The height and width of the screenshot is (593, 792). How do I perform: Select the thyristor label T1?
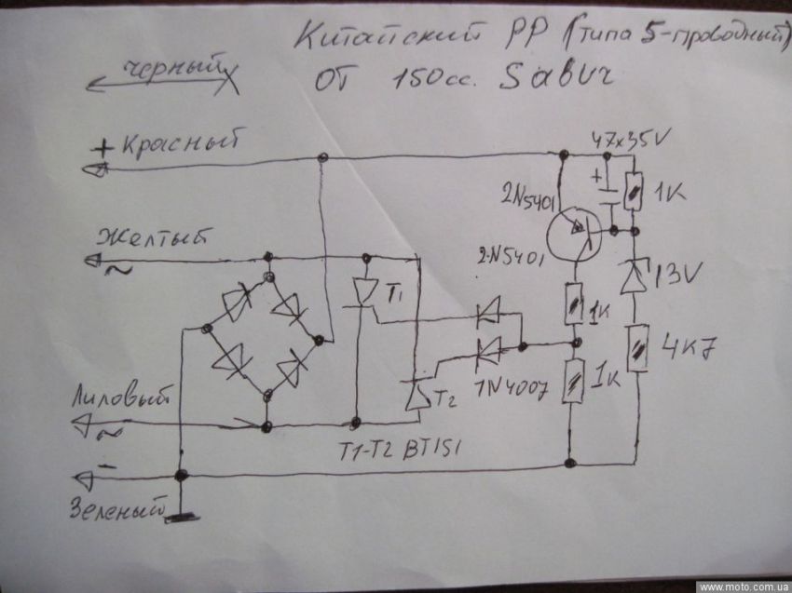tap(393, 297)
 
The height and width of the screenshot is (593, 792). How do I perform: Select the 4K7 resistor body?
tap(638, 347)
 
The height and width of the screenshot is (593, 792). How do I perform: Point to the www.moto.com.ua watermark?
tap(742, 586)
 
